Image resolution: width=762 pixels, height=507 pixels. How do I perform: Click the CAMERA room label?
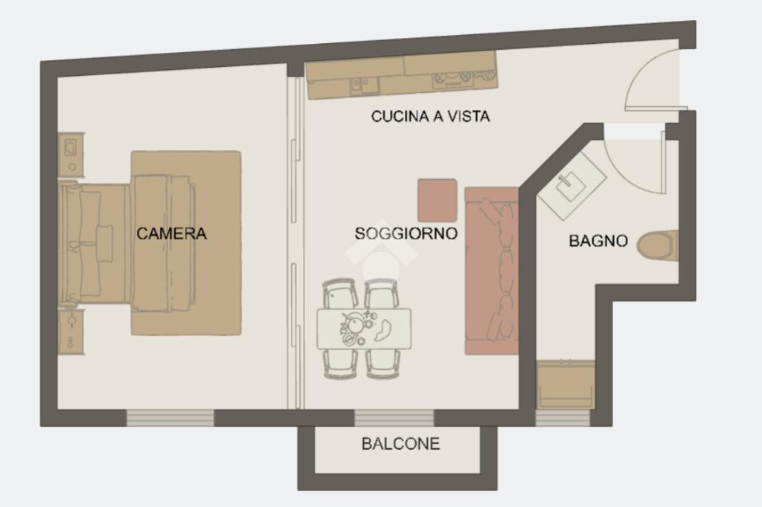[172, 233]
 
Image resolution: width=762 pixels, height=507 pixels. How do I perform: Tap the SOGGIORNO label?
[406, 233]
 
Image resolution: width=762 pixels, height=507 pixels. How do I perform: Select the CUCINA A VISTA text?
[431, 117]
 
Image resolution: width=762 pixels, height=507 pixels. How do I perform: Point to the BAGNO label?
[598, 241]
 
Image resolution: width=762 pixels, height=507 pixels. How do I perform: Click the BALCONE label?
[401, 444]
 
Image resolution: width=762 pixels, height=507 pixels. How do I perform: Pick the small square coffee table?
[438, 201]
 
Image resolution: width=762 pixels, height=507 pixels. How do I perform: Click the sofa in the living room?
[492, 271]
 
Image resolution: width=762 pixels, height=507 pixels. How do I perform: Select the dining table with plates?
[364, 329]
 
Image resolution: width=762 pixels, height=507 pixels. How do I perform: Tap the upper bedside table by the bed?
[71, 155]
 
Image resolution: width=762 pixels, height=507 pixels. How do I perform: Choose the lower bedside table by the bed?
[71, 332]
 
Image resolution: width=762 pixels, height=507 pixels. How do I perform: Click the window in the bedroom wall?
[170, 418]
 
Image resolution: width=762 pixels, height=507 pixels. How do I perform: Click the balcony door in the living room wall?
[394, 418]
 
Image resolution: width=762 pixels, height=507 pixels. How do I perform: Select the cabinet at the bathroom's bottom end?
[566, 385]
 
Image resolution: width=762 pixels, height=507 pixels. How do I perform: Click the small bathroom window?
[563, 418]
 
